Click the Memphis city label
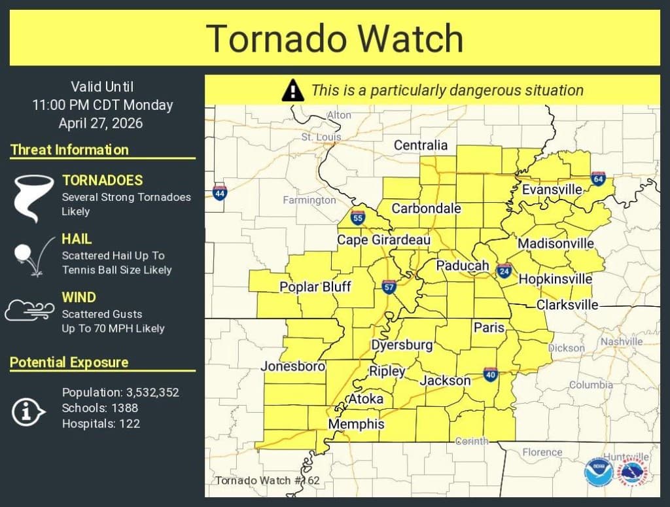point(356,424)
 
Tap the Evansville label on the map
point(552,189)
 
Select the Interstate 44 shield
point(220,192)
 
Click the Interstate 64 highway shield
point(598,178)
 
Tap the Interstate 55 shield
point(357,218)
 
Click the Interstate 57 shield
point(389,287)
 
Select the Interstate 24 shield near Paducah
point(504,270)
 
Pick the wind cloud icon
point(29,310)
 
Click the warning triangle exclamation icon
point(293,90)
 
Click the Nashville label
point(621,341)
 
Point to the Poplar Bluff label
point(315,287)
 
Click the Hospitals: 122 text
point(101,423)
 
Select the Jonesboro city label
point(292,366)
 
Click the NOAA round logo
point(599,472)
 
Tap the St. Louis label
point(321,137)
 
